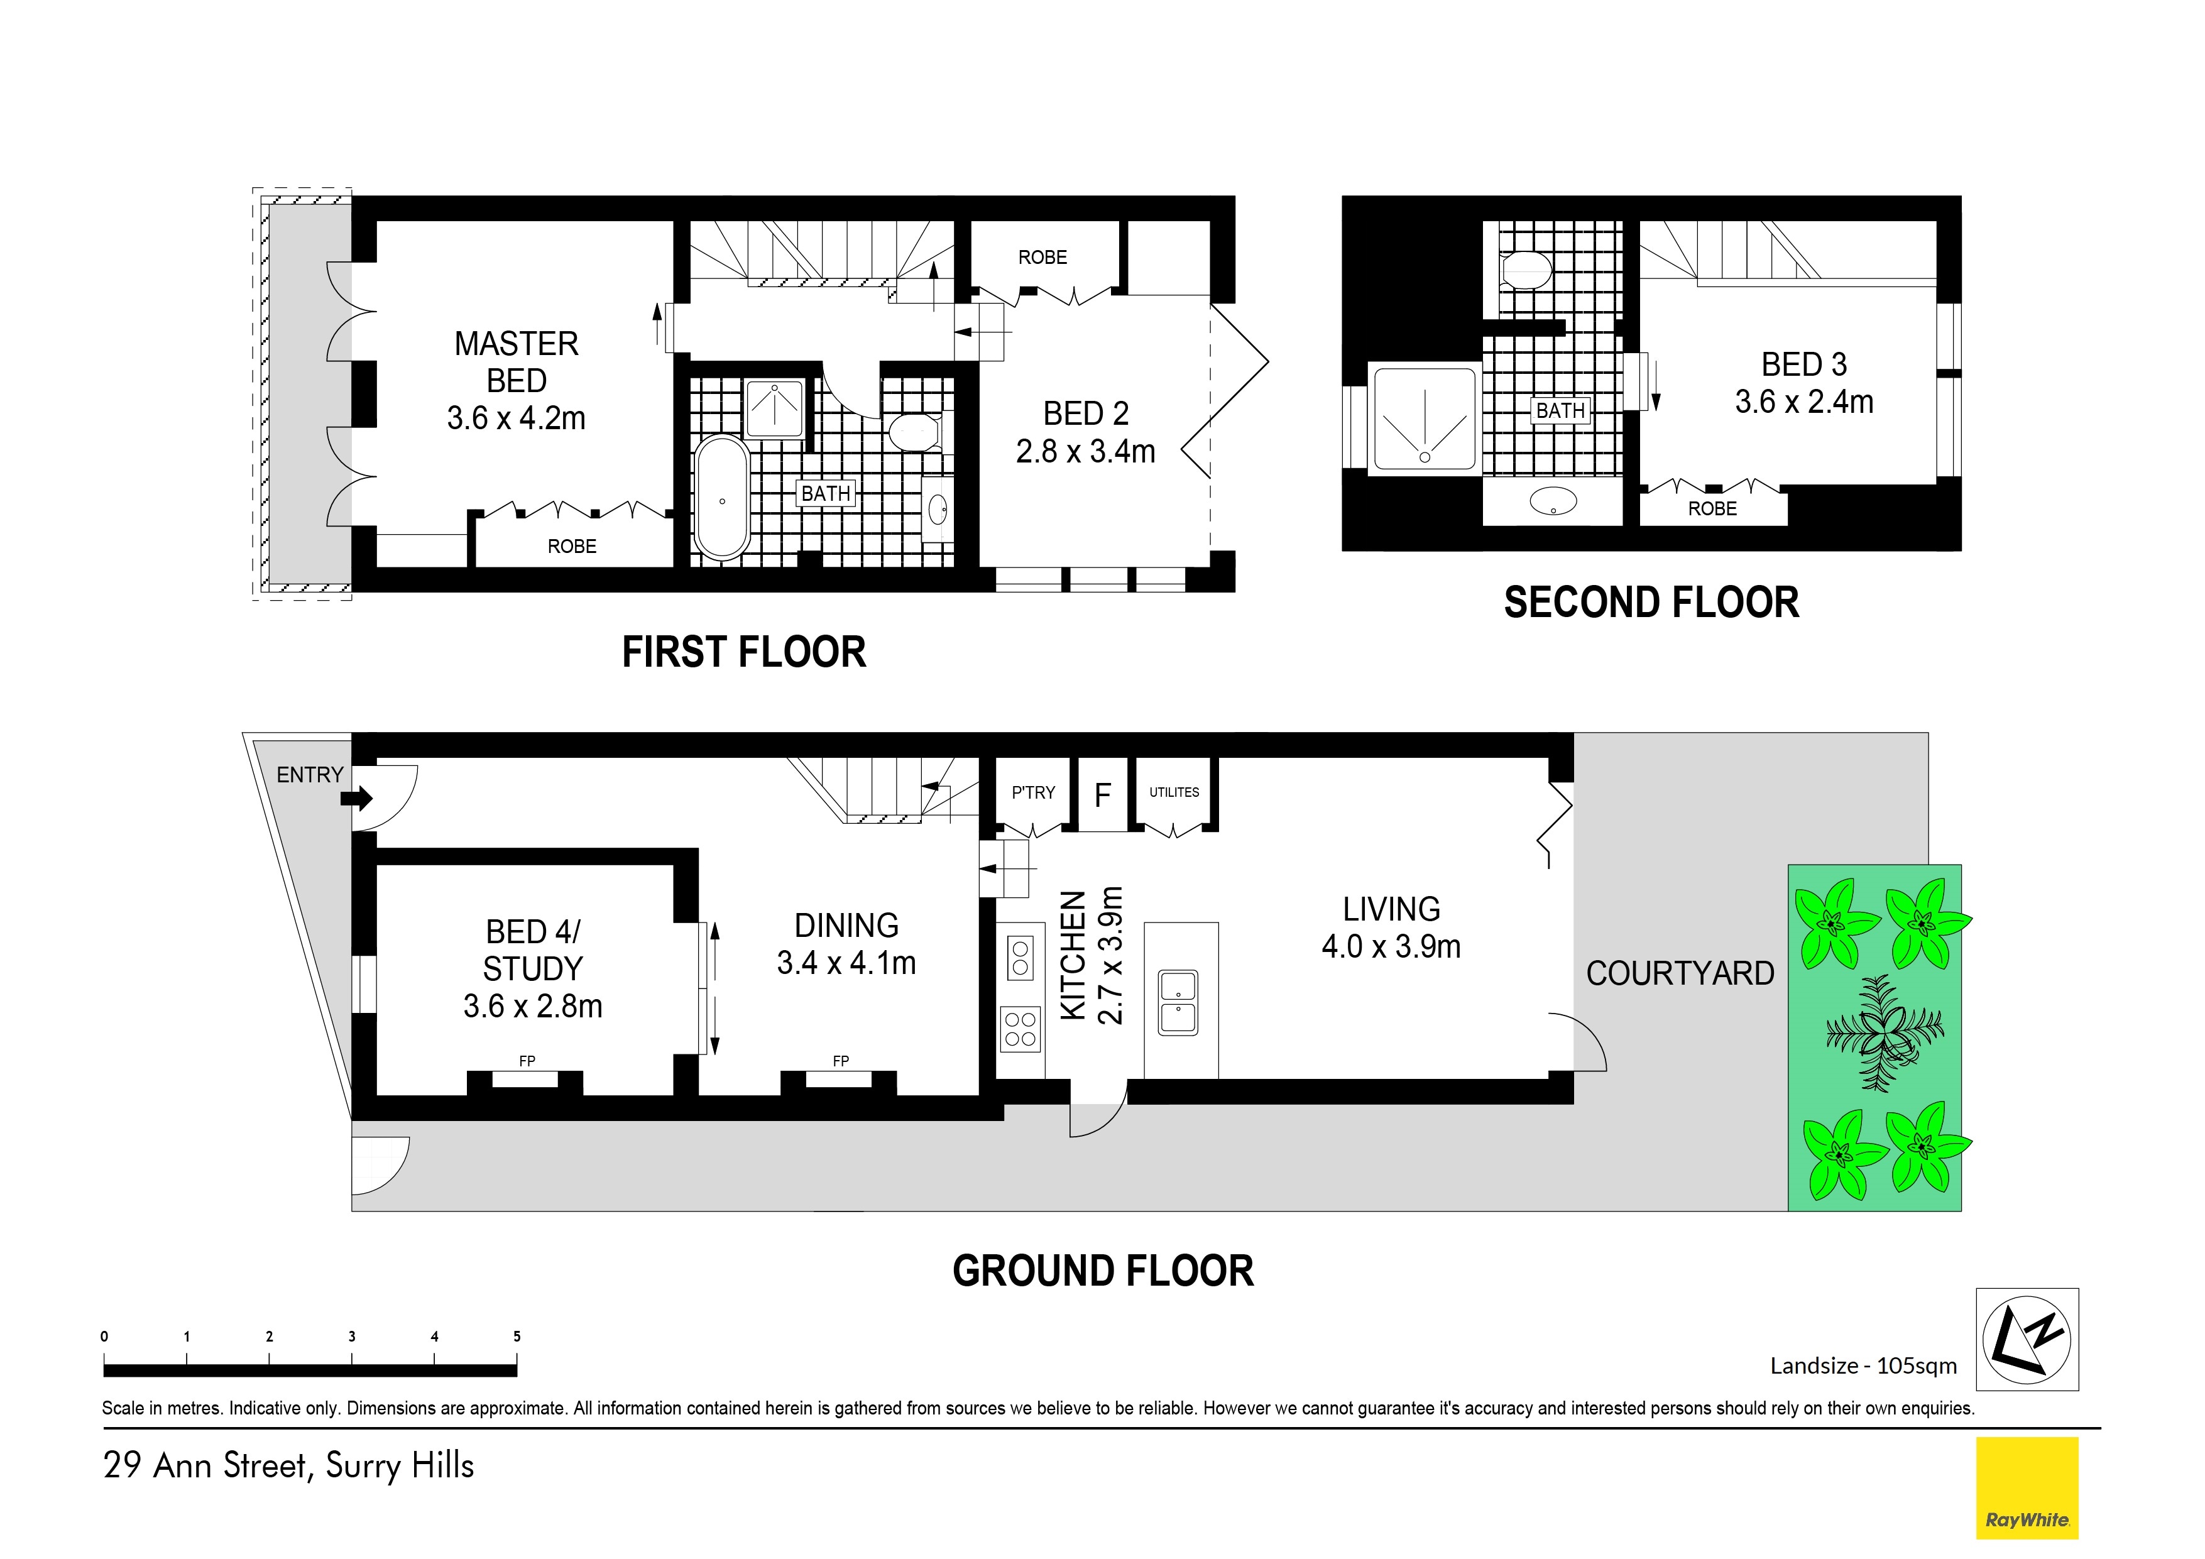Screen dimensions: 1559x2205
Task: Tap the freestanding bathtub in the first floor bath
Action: pyautogui.click(x=721, y=498)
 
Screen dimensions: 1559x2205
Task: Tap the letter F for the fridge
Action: pyautogui.click(x=1102, y=794)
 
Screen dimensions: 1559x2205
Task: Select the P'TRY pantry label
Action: pyautogui.click(x=1032, y=792)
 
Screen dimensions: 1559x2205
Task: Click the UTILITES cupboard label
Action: pyautogui.click(x=1174, y=792)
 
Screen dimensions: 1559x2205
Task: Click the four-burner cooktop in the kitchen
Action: pyautogui.click(x=1020, y=1028)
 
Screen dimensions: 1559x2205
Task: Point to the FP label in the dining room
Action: pyautogui.click(x=840, y=1061)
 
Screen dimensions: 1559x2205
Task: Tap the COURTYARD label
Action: pyautogui.click(x=1680, y=973)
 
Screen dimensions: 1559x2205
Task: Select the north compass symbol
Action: pyautogui.click(x=2027, y=1339)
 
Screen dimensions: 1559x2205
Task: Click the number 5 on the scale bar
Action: pyautogui.click(x=517, y=1336)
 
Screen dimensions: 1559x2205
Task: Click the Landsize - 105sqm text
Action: pyautogui.click(x=1863, y=1365)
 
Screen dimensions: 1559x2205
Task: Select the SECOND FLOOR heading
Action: pyautogui.click(x=1651, y=602)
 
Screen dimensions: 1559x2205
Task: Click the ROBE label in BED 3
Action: pyautogui.click(x=1712, y=508)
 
